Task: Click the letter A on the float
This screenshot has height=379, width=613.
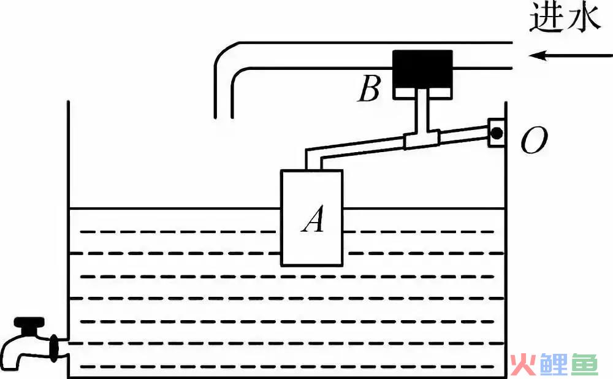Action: [313, 219]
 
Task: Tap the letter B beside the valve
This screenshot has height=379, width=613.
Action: [369, 89]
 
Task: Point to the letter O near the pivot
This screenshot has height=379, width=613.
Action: [534, 140]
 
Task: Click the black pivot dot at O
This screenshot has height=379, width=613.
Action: [497, 133]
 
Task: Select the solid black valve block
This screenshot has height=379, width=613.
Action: [422, 69]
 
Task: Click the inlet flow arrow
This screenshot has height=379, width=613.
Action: [571, 56]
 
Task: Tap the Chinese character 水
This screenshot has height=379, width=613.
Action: [582, 18]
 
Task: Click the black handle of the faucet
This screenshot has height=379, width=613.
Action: [29, 323]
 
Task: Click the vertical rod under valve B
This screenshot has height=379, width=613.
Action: [422, 113]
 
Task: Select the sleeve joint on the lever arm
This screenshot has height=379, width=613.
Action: [422, 139]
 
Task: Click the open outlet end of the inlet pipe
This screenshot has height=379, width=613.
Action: [224, 117]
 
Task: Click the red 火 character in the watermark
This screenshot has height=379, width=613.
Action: [523, 364]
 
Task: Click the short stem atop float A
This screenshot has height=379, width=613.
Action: [313, 161]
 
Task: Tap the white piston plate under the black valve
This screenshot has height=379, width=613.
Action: [422, 93]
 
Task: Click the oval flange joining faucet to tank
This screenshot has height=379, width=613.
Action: [54, 347]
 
